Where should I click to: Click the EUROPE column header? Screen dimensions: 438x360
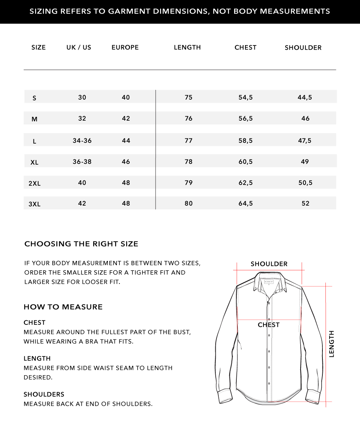pos(125,47)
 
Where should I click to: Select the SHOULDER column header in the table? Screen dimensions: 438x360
pos(303,48)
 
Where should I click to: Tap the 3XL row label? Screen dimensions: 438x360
pos(35,204)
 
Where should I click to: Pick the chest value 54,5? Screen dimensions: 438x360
pos(245,97)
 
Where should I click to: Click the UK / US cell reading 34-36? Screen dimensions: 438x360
pos(82,141)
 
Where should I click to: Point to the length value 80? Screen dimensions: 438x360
pos(189,203)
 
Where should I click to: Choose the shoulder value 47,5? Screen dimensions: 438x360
pos(304,141)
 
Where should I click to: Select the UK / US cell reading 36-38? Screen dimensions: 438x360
pos(82,162)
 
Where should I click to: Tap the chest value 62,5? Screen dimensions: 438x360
pos(245,183)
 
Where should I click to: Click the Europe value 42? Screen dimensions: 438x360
pos(126,118)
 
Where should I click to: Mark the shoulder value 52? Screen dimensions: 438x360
pos(306,203)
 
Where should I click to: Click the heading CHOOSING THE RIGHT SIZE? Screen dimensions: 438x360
pos(81,244)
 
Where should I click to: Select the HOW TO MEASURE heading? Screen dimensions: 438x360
pos(63,307)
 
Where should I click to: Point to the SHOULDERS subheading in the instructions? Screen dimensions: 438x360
pos(44,394)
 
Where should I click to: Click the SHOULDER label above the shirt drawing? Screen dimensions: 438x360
pos(269,264)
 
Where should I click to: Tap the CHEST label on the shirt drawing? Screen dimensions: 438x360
pos(269,325)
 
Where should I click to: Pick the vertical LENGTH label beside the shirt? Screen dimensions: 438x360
pos(331,344)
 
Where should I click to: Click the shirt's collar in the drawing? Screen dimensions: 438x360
pos(269,282)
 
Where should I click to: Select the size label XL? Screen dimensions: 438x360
pos(35,162)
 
